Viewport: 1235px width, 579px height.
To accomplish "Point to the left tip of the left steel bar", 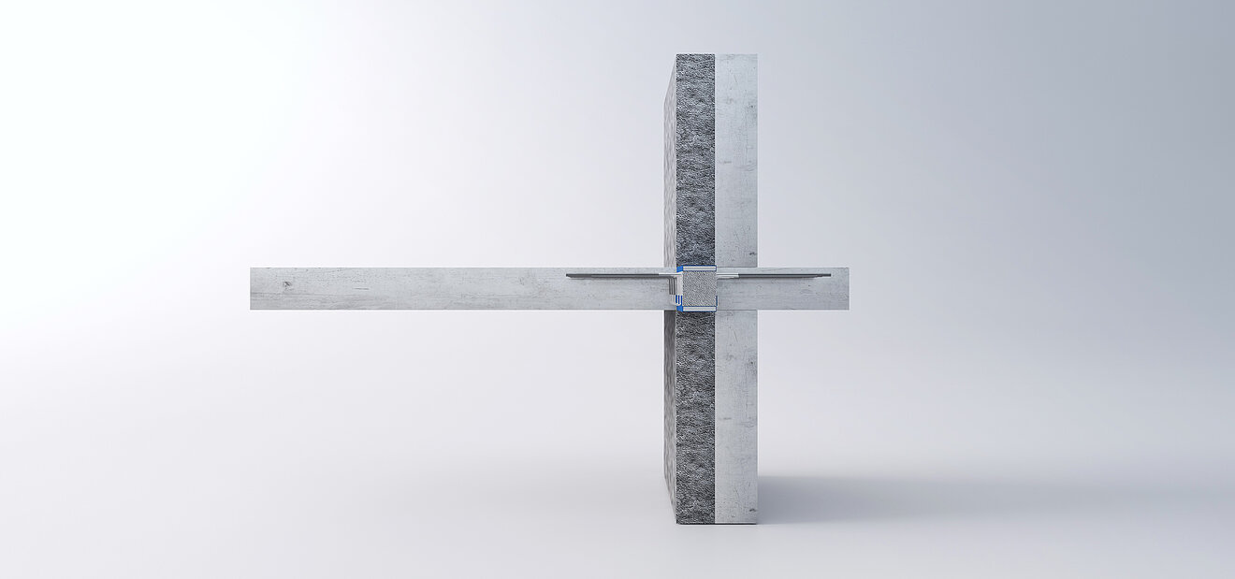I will pos(568,275).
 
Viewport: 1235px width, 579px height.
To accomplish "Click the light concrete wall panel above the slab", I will pos(735,159).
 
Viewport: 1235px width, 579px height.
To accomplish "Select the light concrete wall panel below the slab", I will pos(735,416).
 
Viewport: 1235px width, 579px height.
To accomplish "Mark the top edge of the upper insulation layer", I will pos(694,55).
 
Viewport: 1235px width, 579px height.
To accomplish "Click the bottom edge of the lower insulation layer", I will pos(694,521).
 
